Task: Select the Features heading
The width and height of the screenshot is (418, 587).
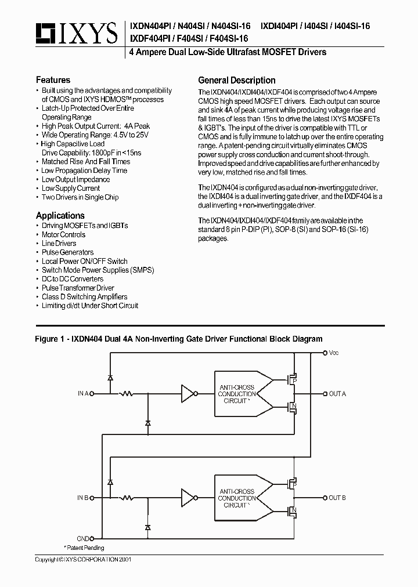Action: [53, 80]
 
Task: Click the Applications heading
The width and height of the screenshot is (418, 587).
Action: [60, 215]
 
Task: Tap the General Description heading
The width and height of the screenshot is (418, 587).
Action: [236, 80]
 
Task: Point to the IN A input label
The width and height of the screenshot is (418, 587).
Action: [83, 394]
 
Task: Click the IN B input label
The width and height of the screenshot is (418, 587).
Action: [83, 498]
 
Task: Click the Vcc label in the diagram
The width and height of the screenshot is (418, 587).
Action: [334, 353]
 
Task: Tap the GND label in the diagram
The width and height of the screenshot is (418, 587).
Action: [84, 538]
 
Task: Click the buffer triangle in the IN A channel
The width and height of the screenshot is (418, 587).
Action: [188, 394]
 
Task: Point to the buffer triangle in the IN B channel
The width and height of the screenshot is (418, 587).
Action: [188, 498]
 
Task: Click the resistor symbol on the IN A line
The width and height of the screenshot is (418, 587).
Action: [125, 394]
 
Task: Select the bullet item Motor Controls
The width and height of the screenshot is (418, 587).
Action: [63, 235]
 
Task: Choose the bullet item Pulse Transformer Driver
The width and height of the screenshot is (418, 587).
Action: [78, 288]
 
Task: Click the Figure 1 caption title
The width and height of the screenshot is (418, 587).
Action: [179, 339]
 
